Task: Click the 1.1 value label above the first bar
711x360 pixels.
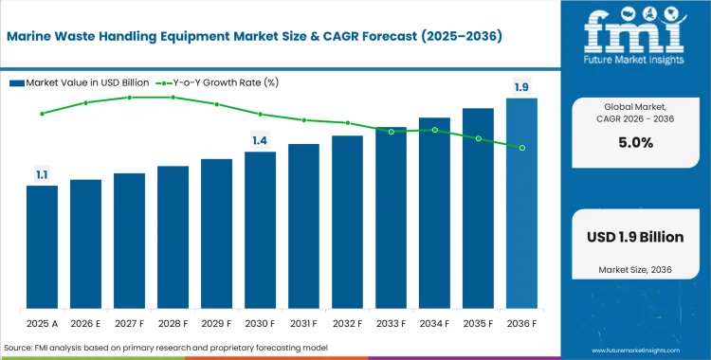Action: pos(42,174)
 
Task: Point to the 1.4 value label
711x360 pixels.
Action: pos(260,140)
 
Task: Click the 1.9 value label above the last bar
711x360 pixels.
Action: pos(521,87)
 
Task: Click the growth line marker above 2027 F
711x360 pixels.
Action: pos(129,98)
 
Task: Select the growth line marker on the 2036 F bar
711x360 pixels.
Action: pos(521,147)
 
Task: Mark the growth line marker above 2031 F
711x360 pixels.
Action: pos(303,120)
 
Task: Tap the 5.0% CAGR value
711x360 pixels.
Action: pos(633,143)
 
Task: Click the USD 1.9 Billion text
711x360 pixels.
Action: pos(633,237)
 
